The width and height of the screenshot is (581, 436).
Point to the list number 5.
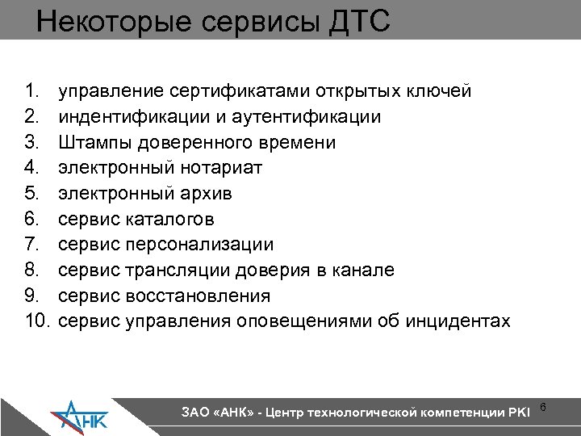(x=32, y=193)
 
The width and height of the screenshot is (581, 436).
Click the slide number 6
(x=542, y=406)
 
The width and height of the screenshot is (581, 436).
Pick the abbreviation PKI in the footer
(x=517, y=413)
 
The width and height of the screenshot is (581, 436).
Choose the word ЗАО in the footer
(x=194, y=413)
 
